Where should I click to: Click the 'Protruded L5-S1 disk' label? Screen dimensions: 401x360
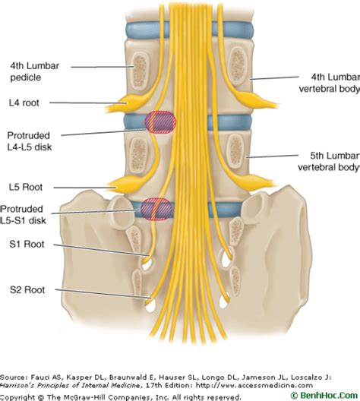31,214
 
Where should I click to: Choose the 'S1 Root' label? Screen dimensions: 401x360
27,245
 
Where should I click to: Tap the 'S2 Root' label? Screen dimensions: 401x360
27,289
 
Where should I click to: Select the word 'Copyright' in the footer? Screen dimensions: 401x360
21,396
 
